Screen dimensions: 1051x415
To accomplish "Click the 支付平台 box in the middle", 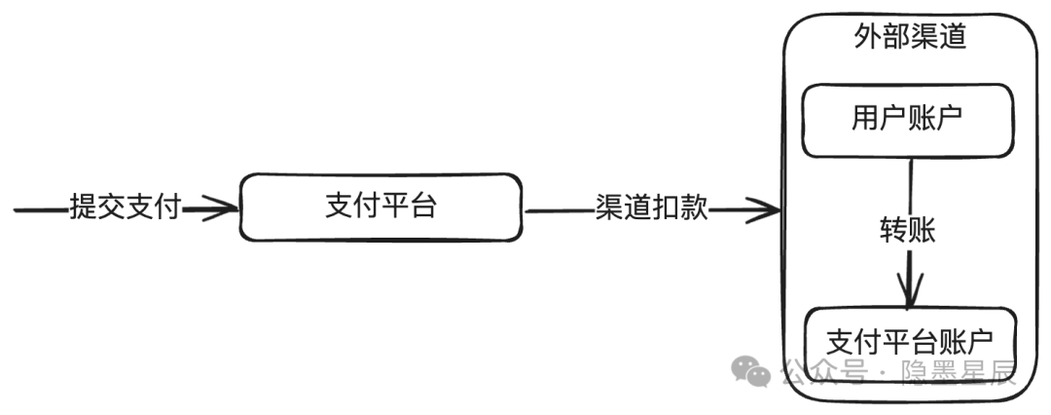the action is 381,207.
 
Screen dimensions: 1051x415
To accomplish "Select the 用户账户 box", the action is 908,121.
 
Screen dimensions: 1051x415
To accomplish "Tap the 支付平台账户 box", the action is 910,345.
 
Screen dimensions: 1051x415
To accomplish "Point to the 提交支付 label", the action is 126,207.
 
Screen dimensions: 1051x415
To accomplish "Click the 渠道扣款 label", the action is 651,208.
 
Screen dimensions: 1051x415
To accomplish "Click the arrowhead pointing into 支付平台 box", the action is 220,208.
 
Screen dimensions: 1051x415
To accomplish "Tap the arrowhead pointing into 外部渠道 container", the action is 763,209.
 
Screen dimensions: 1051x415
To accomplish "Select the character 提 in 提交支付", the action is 84,207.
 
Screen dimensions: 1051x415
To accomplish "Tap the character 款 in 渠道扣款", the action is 695,208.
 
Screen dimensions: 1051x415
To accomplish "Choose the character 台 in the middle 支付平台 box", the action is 422,206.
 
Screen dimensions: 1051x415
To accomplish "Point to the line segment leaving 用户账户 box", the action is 910,187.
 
